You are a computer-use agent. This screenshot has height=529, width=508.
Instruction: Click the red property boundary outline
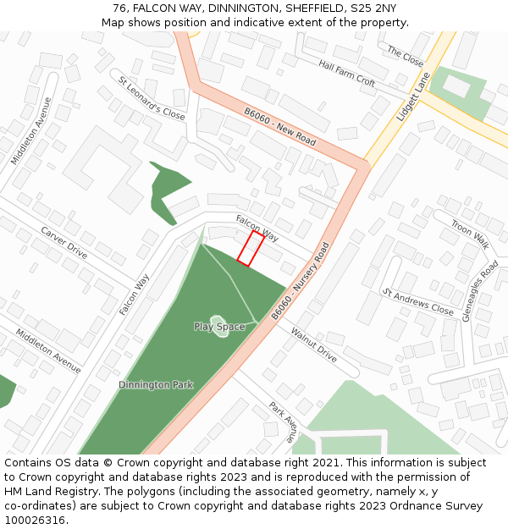[x=251, y=249]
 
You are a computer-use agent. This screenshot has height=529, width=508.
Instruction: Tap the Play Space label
[x=219, y=327]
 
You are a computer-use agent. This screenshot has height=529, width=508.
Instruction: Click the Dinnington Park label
[x=156, y=385]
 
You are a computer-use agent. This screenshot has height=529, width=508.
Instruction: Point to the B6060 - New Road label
[x=279, y=126]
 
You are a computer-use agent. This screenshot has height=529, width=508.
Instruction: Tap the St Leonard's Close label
[x=152, y=98]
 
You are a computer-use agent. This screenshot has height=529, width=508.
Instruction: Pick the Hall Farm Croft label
[x=346, y=73]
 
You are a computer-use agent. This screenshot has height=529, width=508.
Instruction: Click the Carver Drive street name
[x=64, y=242]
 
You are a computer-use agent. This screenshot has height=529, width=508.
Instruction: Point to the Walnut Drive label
[x=313, y=345]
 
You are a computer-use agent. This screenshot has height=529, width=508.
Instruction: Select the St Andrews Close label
[x=418, y=302]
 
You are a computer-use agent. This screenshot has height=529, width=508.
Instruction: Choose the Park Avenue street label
[x=283, y=422]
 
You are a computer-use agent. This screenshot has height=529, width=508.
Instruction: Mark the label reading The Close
[x=405, y=57]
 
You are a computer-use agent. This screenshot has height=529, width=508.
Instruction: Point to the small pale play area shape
[x=220, y=327]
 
